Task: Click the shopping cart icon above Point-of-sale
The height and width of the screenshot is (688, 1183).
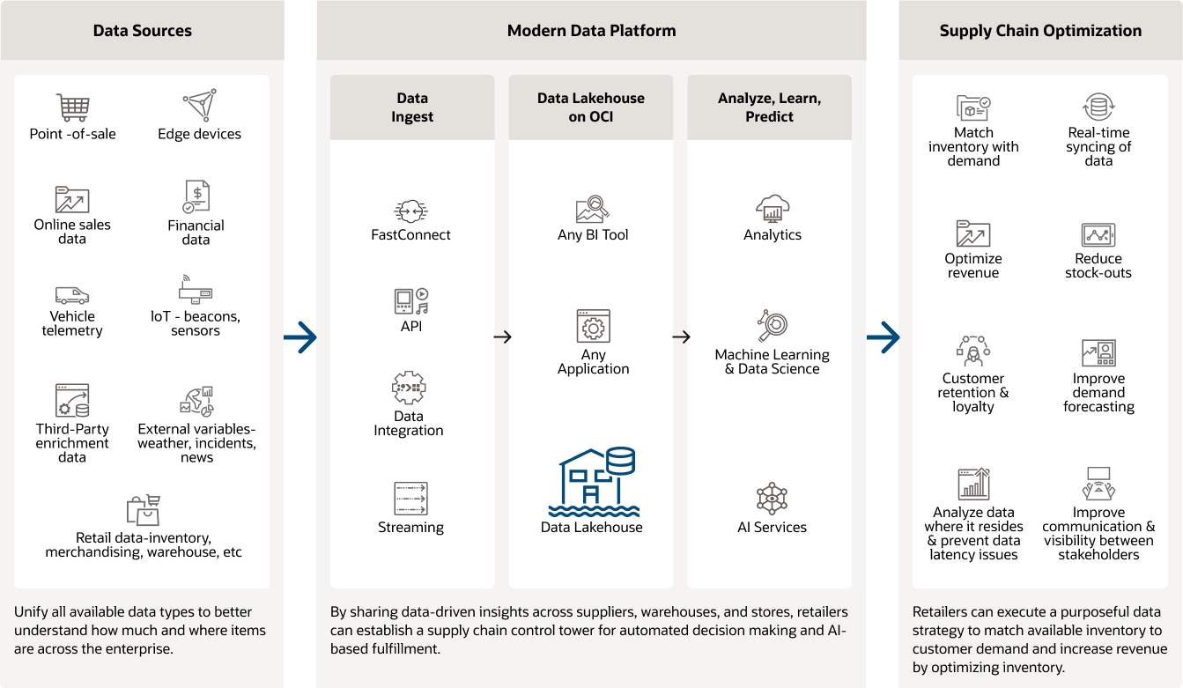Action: (72, 107)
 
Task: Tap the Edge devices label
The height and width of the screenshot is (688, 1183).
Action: (199, 134)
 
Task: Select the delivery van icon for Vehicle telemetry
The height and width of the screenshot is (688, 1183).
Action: (72, 295)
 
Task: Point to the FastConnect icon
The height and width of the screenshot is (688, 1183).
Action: (410, 211)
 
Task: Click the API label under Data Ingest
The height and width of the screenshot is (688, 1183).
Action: (410, 326)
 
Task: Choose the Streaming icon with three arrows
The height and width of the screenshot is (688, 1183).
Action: (410, 499)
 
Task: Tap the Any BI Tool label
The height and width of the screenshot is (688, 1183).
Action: (593, 235)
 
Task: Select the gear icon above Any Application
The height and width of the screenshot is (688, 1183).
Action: (593, 327)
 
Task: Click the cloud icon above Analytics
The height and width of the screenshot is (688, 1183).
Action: (773, 208)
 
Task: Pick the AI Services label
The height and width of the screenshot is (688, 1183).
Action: (772, 528)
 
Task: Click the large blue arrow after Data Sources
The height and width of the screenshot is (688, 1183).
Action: (300, 337)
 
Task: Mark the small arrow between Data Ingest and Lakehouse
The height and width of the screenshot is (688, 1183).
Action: (502, 337)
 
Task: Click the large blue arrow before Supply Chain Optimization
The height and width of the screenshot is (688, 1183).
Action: (883, 337)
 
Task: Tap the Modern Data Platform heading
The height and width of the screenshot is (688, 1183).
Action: (591, 31)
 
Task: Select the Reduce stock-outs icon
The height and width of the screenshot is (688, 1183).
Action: (1098, 235)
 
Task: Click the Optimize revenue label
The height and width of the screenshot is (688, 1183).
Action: (973, 266)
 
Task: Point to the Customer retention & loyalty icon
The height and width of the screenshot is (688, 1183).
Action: (973, 351)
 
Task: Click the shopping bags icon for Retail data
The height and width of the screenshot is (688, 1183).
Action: (143, 509)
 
